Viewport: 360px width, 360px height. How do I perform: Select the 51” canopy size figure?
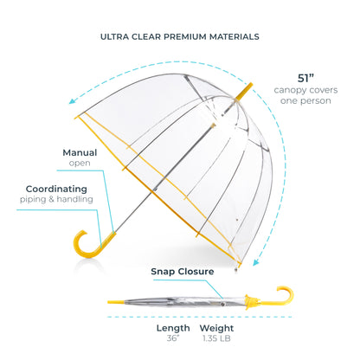305,78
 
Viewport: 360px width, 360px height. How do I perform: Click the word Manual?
80,152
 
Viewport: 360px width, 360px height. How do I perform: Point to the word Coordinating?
56,189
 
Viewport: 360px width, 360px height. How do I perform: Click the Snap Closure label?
183,272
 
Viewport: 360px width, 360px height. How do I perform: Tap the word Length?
173,328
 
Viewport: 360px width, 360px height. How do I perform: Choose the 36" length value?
173,338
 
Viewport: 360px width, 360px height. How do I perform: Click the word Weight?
216,328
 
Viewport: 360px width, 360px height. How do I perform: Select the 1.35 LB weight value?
216,338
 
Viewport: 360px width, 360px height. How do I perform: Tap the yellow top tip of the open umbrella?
244,92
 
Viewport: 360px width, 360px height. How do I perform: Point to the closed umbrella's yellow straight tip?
116,302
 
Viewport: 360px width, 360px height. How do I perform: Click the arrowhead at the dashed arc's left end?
72,100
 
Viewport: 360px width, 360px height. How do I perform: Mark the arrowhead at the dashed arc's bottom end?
255,262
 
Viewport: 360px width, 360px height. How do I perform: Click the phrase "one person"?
305,101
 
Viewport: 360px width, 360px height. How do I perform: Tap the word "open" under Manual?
80,164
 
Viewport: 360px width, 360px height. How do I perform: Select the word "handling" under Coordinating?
74,199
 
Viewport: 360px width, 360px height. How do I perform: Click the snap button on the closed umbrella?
222,303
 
